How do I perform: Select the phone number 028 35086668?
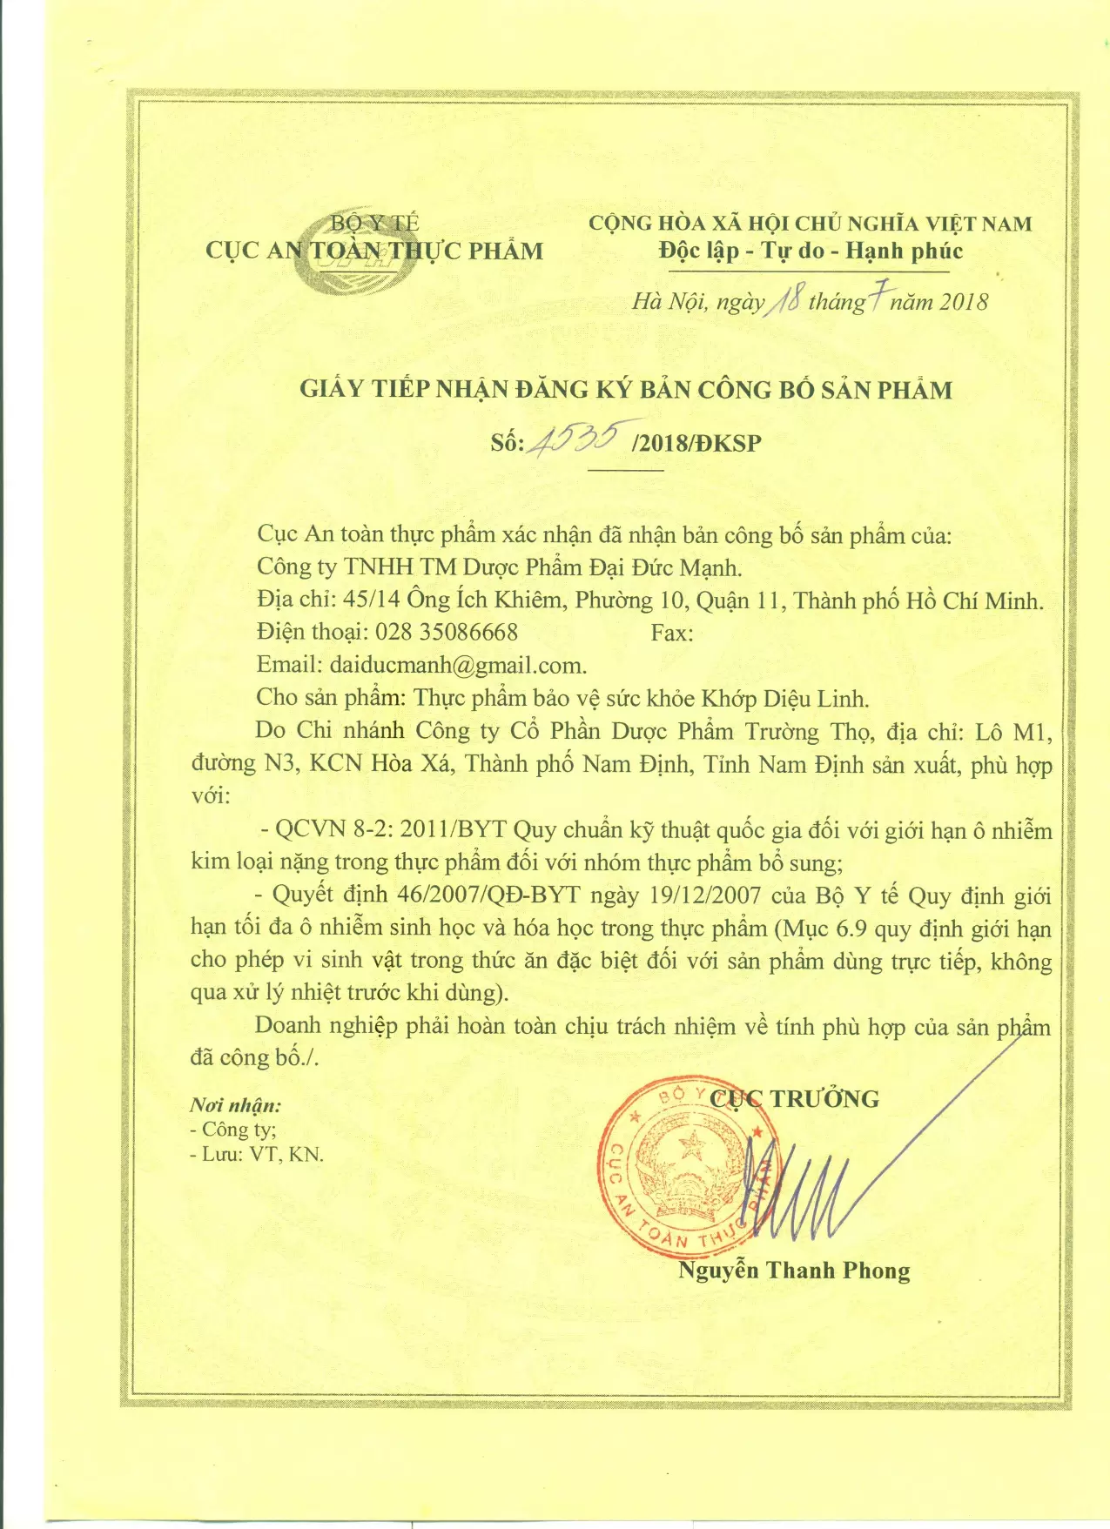click(446, 633)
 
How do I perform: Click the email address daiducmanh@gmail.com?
click(457, 666)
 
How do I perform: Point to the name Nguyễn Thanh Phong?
click(794, 1271)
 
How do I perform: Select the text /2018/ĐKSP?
click(697, 443)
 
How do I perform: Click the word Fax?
click(672, 633)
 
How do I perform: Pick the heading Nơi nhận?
click(235, 1105)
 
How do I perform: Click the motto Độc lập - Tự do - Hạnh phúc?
click(810, 251)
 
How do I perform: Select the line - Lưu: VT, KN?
click(257, 1155)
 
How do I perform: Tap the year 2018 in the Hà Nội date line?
click(964, 302)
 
